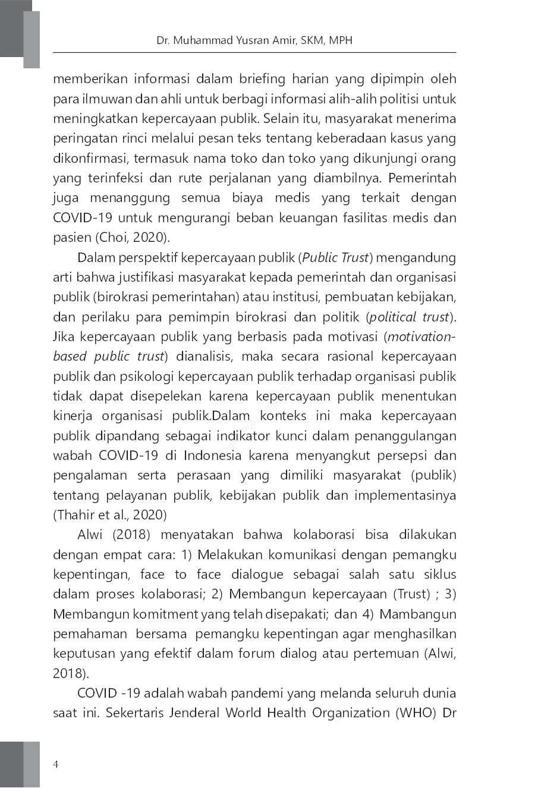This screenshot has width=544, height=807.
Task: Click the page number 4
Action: [x=55, y=764]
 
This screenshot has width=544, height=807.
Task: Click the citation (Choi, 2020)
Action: [x=133, y=238]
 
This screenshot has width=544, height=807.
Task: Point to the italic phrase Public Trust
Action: [x=337, y=258]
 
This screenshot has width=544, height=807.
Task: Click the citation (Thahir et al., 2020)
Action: [x=110, y=515]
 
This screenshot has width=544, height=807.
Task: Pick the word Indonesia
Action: [x=212, y=456]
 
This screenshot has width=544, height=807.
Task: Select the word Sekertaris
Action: [x=134, y=713]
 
